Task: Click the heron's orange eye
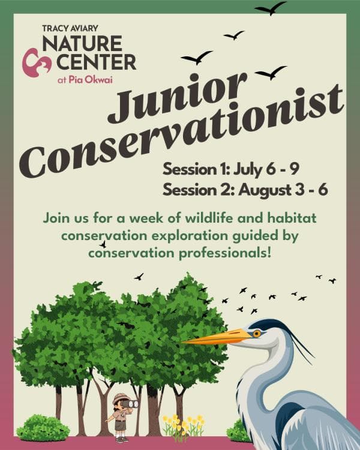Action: coord(257,333)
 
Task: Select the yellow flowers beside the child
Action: coord(184,424)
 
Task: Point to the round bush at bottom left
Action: coord(43,427)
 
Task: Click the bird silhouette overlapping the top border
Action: coord(271,8)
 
